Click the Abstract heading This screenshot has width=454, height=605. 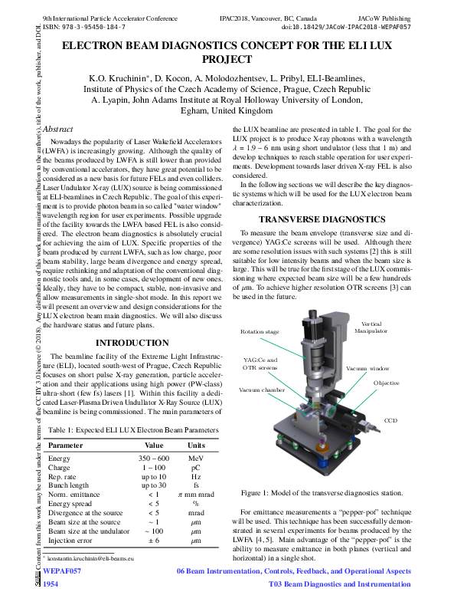[x=58, y=130]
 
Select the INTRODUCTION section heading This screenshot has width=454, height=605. [x=132, y=343]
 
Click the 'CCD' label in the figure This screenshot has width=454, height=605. [x=390, y=420]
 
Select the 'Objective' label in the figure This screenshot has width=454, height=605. [x=386, y=383]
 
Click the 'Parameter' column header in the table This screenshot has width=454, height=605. [x=67, y=445]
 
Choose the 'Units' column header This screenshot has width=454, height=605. [x=196, y=445]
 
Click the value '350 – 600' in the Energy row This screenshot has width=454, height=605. [x=153, y=458]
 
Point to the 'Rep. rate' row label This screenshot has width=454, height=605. [x=63, y=476]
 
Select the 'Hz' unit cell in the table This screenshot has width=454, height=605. [x=196, y=476]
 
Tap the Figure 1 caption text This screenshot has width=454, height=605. [x=322, y=492]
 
